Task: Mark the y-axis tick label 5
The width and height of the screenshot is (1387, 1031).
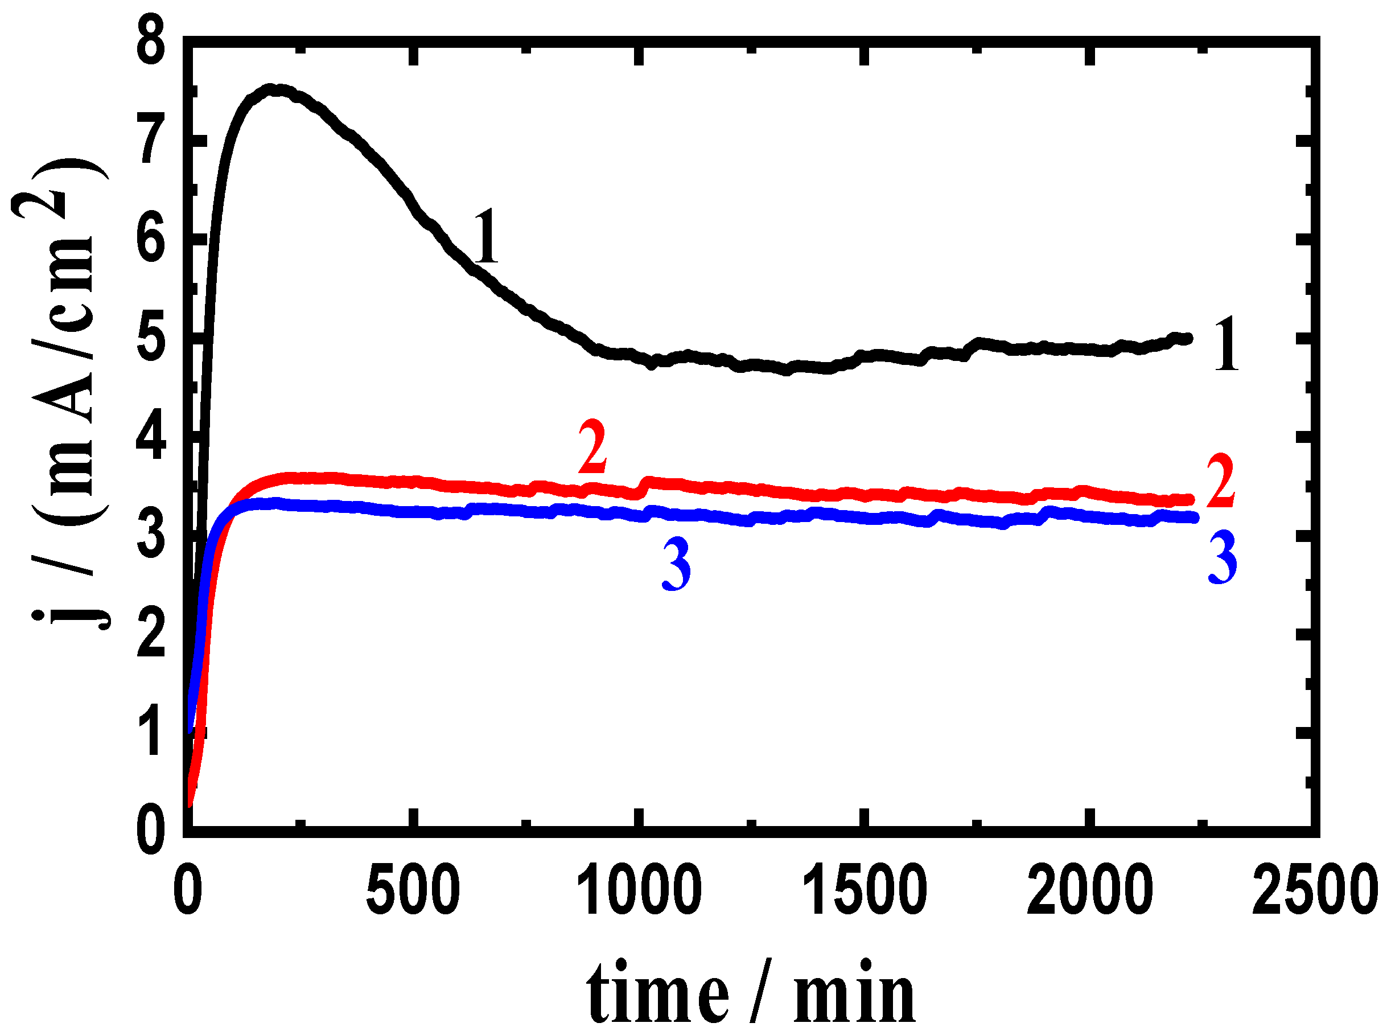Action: [151, 342]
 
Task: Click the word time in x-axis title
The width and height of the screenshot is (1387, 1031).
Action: [657, 992]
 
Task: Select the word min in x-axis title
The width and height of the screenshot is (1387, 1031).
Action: [854, 992]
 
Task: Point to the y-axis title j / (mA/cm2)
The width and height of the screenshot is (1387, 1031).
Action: [63, 393]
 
